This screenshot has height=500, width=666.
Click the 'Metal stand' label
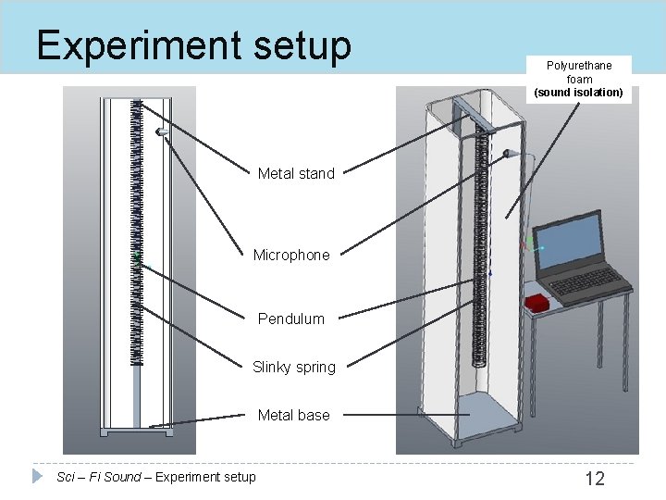(x=296, y=173)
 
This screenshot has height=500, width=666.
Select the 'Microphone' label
(x=291, y=255)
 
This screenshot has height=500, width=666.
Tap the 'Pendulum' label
(x=291, y=319)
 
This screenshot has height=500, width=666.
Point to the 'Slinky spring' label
(x=294, y=367)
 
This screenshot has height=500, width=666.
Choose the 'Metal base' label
(x=293, y=415)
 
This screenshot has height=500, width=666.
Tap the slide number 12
(x=595, y=478)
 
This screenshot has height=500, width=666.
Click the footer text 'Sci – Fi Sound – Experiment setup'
(x=156, y=477)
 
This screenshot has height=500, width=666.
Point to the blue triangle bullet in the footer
(x=38, y=476)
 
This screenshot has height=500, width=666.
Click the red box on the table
(x=536, y=303)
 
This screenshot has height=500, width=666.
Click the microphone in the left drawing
(x=163, y=133)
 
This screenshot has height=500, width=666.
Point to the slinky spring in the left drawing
(x=138, y=231)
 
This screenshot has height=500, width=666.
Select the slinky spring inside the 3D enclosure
(x=480, y=250)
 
